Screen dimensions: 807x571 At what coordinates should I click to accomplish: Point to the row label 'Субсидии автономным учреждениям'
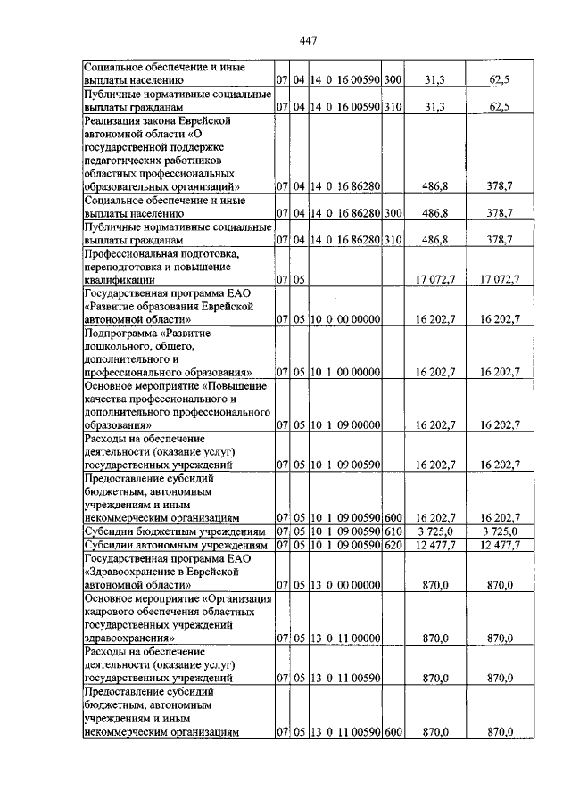(x=169, y=544)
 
